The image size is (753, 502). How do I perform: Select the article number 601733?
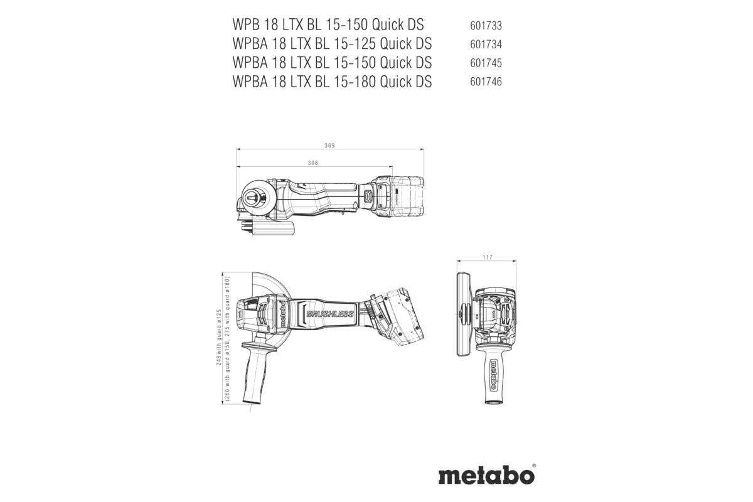485,26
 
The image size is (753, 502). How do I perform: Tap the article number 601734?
485,45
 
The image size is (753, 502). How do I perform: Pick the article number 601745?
485,63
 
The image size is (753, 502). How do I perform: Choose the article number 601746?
485,82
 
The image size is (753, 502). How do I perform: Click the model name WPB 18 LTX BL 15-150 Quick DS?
328,25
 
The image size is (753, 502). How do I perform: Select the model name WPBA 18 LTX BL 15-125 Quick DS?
331,44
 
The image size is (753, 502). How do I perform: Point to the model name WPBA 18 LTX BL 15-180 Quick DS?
331,81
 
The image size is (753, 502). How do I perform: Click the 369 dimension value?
329,146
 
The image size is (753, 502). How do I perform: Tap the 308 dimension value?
313,163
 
